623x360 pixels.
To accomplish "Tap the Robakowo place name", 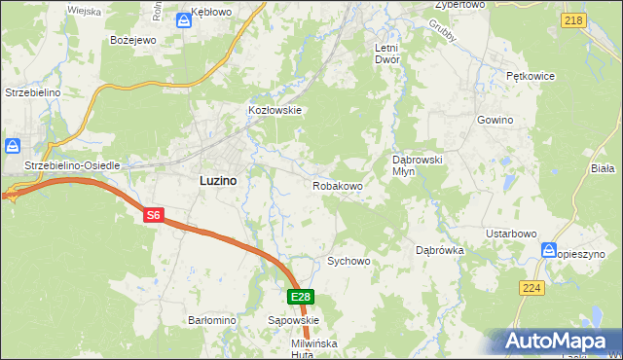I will point(338,185).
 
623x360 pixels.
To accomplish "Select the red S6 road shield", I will point(152,216).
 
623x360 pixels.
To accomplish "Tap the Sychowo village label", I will point(349,262).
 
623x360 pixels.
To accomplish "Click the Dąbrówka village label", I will point(440,250).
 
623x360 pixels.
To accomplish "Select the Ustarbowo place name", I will point(512,234).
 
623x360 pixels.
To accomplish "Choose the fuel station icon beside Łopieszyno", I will point(549,251).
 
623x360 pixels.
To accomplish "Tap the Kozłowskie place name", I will point(275,111).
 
